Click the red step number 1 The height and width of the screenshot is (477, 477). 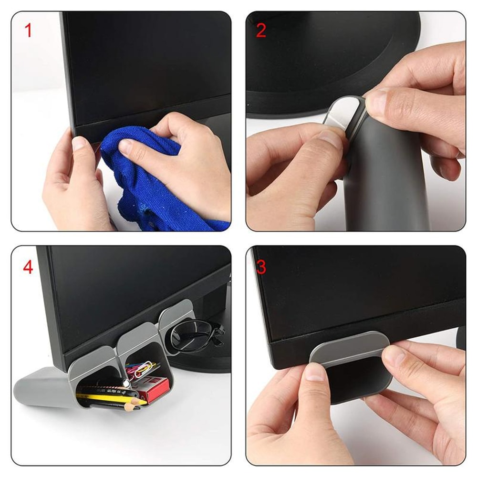coord(28,30)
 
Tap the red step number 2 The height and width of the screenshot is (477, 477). coord(261,30)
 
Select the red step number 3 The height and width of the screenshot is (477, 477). coord(261,267)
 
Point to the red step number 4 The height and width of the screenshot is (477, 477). coord(28,267)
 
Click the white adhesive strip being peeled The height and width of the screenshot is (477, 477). coord(344,112)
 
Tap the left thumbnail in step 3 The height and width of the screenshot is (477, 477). coord(315,372)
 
